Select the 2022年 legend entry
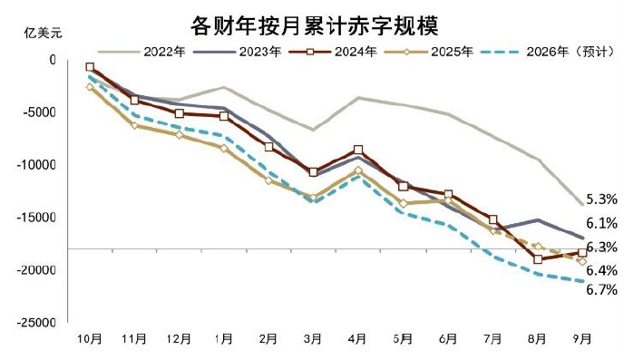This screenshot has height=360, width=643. tap(164, 52)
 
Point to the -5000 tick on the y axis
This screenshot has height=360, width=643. tap(41, 112)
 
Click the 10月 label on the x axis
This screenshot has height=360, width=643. tap(90, 339)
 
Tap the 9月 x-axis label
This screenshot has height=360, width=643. tap(581, 339)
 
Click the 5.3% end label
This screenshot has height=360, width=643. tap(601, 199)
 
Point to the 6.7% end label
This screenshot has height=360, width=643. tap(601, 290)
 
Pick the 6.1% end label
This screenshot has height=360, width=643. tap(601, 223)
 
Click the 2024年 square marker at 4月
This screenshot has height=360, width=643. tap(358, 150)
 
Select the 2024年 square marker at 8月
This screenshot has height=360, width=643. tap(538, 259)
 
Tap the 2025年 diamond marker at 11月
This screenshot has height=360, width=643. tap(134, 125)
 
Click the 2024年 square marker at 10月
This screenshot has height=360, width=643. tap(90, 67)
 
